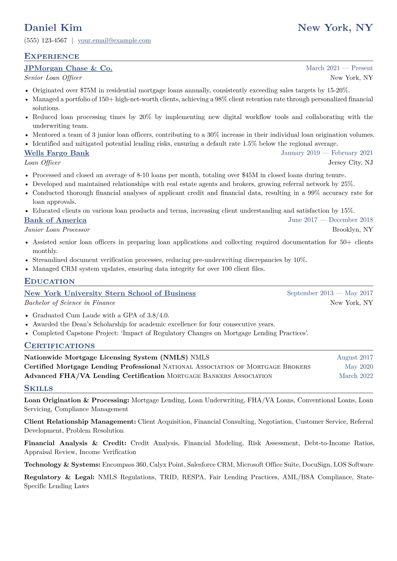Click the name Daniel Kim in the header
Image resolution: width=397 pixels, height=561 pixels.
tap(53, 28)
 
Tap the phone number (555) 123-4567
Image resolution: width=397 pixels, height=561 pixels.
tap(46, 41)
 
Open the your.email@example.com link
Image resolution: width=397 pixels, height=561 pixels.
tap(114, 41)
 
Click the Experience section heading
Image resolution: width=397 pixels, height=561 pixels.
tap(52, 56)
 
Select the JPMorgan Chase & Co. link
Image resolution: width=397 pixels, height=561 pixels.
tap(68, 68)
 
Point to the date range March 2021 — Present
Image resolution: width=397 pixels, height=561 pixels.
tap(339, 68)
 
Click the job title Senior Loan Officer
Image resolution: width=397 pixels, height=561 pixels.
tap(53, 78)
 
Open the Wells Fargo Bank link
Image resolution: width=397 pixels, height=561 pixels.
tap(57, 153)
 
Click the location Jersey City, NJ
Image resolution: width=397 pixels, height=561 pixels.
tap(350, 163)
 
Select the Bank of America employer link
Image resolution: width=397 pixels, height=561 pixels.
tap(55, 220)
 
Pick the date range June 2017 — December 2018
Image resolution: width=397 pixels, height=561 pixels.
tap(330, 220)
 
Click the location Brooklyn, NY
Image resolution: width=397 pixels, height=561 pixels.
tap(352, 230)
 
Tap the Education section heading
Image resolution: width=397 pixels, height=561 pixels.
tap(49, 281)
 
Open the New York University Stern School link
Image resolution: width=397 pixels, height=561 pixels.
tap(110, 293)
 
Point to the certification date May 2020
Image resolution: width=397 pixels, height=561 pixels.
tap(359, 367)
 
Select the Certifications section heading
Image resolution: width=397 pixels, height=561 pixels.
tap(59, 346)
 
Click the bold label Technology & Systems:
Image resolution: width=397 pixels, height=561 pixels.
tap(62, 465)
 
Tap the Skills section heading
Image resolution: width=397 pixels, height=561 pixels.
tap(38, 388)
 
